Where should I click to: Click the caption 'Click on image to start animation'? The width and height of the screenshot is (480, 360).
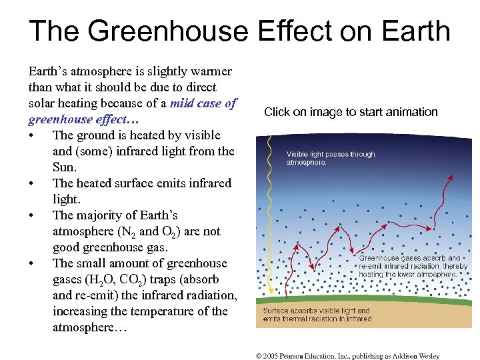(351, 112)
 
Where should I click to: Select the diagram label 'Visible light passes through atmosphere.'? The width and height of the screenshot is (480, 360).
(331, 158)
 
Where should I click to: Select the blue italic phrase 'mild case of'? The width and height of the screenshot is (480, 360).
(203, 103)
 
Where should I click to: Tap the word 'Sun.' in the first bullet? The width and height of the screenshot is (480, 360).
(65, 167)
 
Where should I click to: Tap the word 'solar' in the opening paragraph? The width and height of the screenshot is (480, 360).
(42, 103)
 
